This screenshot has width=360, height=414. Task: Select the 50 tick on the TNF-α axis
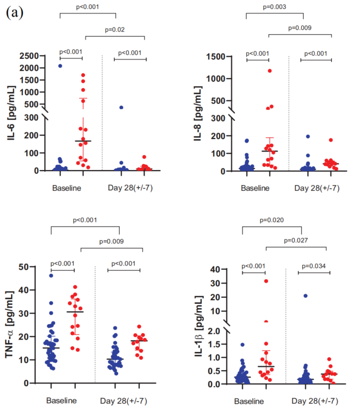click(34, 267)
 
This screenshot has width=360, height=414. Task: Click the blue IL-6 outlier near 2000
click(60, 66)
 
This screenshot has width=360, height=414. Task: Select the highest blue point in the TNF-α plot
click(51, 275)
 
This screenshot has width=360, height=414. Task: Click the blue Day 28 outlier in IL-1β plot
click(305, 296)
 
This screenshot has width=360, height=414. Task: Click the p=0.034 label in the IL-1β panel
click(313, 266)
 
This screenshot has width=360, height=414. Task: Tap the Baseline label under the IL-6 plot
click(67, 188)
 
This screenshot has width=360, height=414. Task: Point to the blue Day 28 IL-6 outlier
click(121, 108)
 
